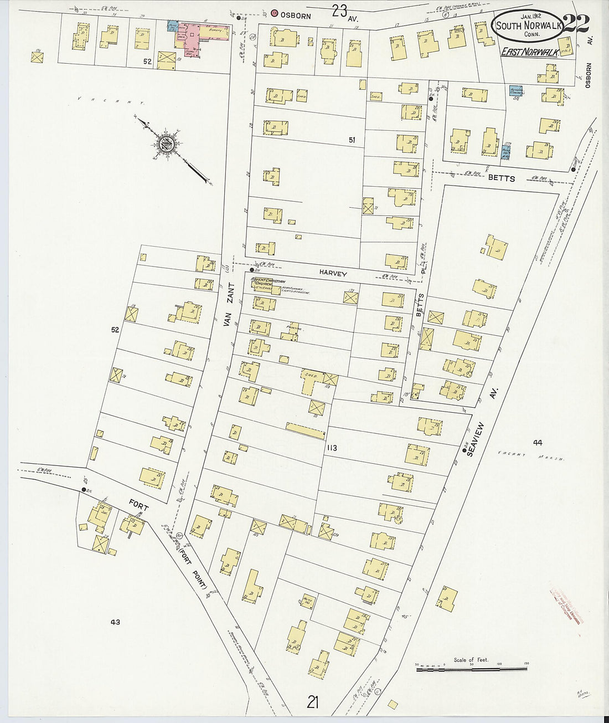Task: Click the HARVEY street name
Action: coord(332,274)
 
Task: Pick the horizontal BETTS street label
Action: coord(501,178)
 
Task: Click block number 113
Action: coord(332,448)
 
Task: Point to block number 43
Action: coord(115,622)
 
